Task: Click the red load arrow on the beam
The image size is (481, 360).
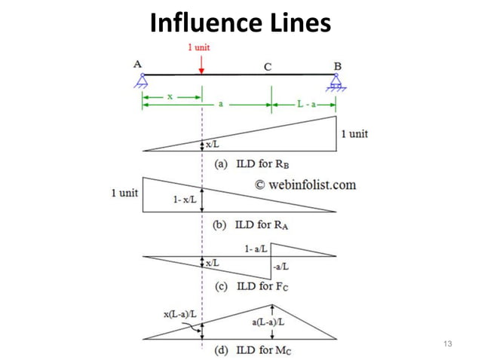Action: [201, 63]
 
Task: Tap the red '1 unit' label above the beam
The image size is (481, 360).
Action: [200, 47]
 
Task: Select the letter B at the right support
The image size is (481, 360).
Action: [338, 65]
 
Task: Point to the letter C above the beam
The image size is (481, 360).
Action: [268, 66]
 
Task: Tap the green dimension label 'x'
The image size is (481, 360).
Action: [170, 97]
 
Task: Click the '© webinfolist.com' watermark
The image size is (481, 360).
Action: [305, 184]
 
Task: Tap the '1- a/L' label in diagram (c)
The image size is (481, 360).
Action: [257, 249]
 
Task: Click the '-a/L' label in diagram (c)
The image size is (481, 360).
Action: [280, 266]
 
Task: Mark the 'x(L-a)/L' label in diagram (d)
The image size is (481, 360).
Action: [179, 313]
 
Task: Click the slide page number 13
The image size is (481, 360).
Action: [448, 344]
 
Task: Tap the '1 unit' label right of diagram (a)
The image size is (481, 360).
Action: [354, 134]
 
